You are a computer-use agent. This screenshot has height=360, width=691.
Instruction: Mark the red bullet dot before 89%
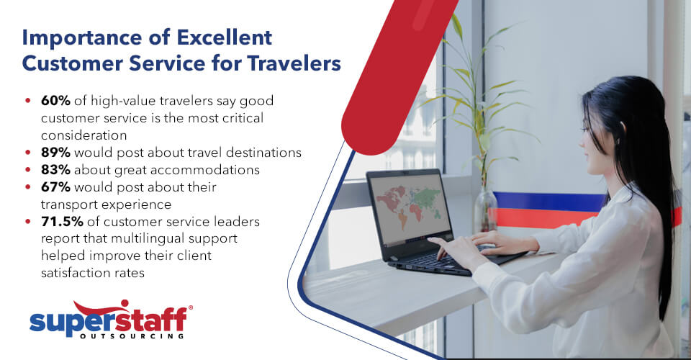pos(27,153)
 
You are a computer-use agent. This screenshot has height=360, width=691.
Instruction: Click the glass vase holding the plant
pos(485,210)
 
